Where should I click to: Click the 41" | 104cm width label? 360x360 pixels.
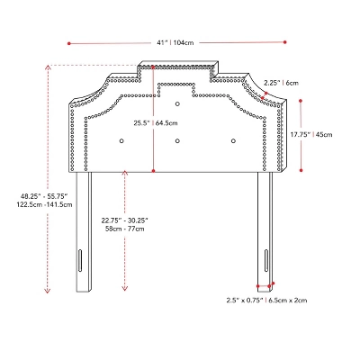click(175, 43)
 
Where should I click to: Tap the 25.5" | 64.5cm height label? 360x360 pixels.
click(156, 123)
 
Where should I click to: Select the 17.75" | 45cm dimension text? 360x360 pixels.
click(311, 135)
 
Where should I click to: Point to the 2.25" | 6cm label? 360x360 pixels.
click(281, 83)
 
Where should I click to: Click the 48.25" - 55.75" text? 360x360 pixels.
click(44, 196)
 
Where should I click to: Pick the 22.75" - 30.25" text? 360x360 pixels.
click(125, 220)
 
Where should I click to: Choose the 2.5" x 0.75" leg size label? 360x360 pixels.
click(245, 300)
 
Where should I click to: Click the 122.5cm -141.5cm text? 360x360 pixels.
click(44, 205)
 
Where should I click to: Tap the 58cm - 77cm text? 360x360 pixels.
click(125, 229)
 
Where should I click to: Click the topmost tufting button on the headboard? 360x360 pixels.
click(177, 104)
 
